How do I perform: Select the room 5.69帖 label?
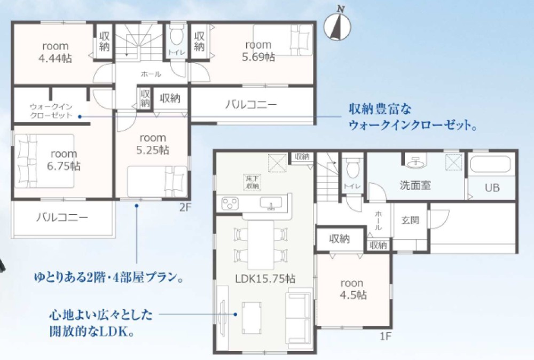(258, 51)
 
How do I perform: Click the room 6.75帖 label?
(64, 160)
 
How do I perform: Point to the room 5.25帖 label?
(152, 144)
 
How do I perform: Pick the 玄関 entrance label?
(410, 220)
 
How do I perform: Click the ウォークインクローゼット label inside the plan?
(51, 111)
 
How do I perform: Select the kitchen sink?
(271, 203)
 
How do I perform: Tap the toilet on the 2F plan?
(176, 37)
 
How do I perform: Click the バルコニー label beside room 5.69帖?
(250, 105)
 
